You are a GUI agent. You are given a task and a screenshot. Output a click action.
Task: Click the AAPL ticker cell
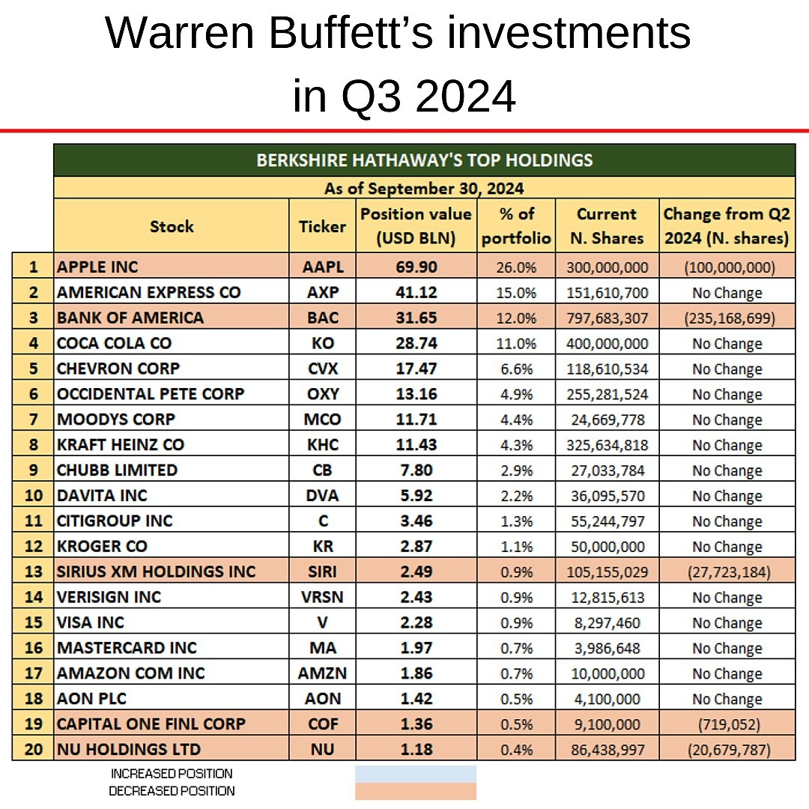322,267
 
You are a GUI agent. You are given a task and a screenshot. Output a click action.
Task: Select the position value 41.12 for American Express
416,292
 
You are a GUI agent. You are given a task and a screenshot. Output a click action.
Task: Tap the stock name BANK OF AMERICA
130,318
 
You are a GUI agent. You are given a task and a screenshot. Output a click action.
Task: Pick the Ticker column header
322,226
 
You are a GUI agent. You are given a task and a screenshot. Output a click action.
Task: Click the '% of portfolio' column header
516,225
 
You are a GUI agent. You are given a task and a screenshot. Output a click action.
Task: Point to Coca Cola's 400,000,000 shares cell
606,343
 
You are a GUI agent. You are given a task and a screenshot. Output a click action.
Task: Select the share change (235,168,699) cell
727,318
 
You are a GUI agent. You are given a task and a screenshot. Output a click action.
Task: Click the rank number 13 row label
32,572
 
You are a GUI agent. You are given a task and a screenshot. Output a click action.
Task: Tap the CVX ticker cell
322,369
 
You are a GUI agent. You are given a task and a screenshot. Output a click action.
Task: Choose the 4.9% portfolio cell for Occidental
516,394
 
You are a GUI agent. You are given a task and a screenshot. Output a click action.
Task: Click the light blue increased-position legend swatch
415,774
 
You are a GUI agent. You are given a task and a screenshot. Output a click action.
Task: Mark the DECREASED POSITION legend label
172,791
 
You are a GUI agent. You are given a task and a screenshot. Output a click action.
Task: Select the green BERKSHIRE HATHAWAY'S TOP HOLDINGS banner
424,160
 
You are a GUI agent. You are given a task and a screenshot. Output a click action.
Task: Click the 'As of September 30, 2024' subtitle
424,188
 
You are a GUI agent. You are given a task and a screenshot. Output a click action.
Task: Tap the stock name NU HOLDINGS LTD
129,749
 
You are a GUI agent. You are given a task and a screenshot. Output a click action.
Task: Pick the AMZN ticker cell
322,673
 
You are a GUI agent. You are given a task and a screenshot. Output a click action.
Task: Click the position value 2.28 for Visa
416,622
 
